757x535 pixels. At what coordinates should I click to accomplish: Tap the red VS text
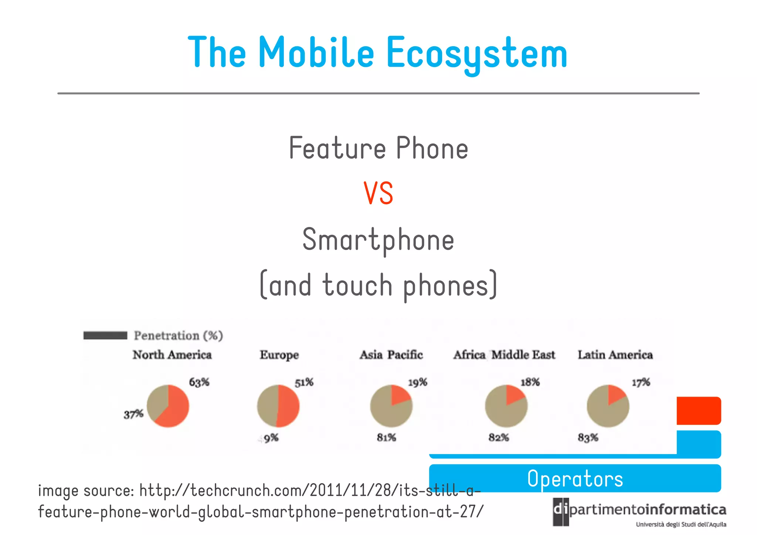pos(378,193)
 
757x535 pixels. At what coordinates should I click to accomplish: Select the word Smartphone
pos(378,240)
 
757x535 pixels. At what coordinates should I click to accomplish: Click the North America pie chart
pos(168,406)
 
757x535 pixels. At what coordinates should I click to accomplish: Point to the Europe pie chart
pos(278,406)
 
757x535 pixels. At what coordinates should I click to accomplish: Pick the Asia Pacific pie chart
pos(391,406)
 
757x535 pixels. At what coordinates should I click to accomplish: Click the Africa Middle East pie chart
pos(506,406)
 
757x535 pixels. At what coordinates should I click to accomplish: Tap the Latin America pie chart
pos(608,406)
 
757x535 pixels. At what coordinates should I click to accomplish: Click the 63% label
pos(199,382)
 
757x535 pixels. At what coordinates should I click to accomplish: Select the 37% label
pos(133,414)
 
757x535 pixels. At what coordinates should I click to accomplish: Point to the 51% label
pos(304,382)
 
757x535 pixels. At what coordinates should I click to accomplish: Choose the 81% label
pos(386,438)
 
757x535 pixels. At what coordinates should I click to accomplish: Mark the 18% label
pos(530,382)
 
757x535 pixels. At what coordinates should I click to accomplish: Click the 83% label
pos(588,438)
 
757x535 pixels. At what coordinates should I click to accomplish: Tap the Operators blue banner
pos(575,478)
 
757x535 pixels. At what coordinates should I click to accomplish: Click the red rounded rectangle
pos(699,411)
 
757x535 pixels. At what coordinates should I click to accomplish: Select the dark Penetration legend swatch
pos(105,335)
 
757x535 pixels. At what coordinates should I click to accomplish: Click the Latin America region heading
pos(615,355)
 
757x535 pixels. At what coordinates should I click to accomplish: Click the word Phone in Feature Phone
pos(432,149)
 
